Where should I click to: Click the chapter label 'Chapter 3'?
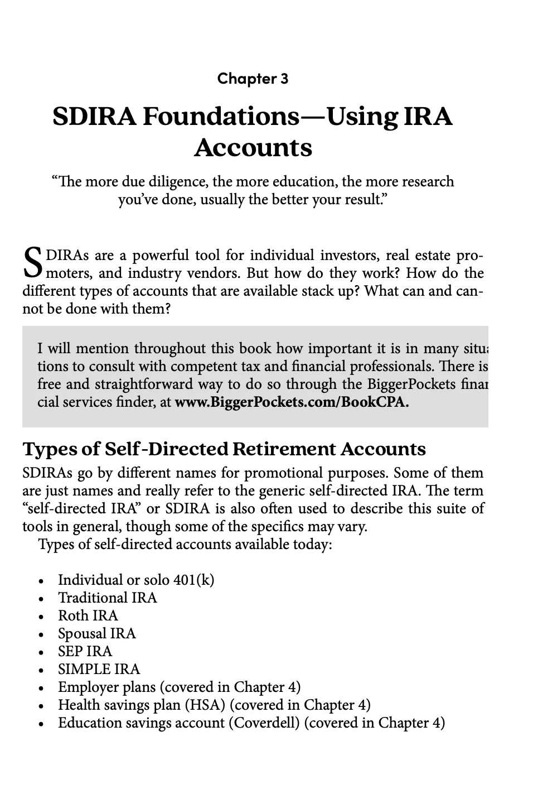(253, 79)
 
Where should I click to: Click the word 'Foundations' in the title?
(221, 117)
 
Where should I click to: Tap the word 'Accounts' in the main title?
(253, 148)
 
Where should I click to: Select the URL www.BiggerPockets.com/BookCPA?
(292, 402)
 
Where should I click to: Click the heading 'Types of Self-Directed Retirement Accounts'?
(224, 449)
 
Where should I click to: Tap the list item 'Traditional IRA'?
(108, 598)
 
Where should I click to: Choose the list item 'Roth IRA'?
(88, 616)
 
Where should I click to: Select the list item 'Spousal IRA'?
(96, 634)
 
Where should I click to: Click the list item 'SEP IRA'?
(85, 652)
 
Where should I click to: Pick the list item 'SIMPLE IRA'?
(99, 670)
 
